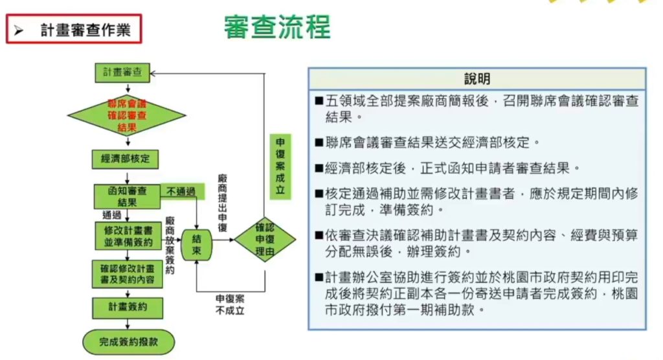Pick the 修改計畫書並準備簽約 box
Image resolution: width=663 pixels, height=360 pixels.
point(127,234)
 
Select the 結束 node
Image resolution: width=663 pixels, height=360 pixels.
point(196,245)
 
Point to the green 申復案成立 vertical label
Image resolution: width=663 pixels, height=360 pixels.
point(280,166)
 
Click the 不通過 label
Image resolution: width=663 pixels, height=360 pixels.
point(181,192)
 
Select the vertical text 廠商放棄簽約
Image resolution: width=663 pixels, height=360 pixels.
point(170,246)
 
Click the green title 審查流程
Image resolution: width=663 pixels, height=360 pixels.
point(277,27)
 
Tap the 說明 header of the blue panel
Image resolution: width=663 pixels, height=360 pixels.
point(477,79)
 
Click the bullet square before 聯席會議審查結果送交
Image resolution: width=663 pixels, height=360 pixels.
point(319,141)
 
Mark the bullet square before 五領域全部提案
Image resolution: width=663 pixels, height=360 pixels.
point(319,102)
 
